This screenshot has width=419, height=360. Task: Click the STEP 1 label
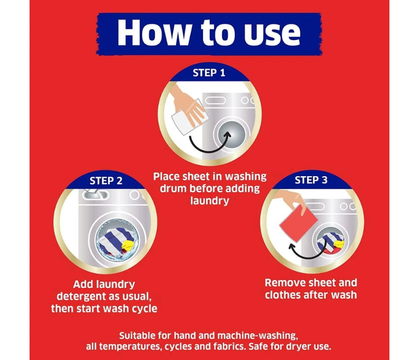209,72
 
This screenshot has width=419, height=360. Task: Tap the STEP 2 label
106,181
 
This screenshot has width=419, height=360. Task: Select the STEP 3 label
311,180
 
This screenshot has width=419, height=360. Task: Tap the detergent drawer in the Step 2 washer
96,194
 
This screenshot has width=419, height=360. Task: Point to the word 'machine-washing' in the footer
257,336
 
